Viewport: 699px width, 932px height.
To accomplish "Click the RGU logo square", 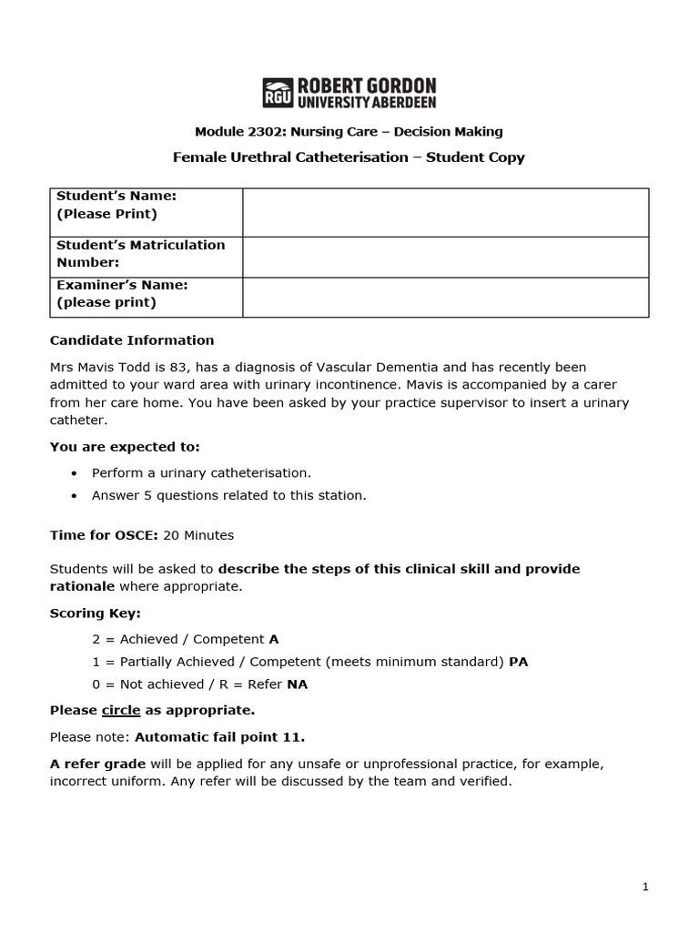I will (x=278, y=92).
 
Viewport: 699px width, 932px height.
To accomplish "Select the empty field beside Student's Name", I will (x=445, y=212).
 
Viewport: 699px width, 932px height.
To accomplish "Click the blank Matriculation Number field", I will (x=445, y=257).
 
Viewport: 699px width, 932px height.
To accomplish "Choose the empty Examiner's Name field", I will (x=445, y=298).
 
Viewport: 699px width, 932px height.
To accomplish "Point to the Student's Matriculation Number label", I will (x=140, y=254).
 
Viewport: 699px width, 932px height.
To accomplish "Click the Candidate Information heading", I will (x=132, y=340).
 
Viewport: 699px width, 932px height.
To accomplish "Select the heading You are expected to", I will (x=124, y=447).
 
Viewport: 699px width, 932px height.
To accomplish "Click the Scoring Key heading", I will (x=95, y=613).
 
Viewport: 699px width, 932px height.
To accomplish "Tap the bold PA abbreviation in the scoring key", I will (x=518, y=662).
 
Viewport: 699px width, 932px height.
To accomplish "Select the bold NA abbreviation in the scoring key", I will (x=298, y=684).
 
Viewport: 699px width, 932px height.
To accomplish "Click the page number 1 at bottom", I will (x=645, y=888).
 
